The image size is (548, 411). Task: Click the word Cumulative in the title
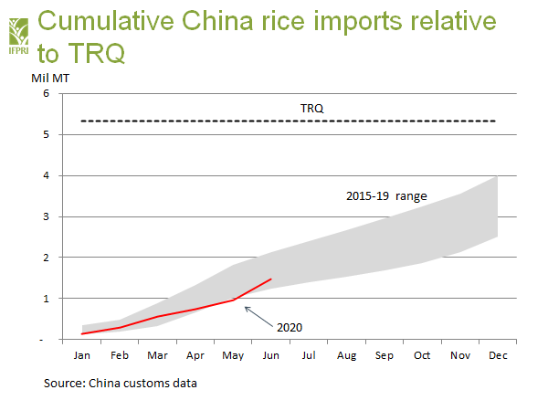(x=117, y=20)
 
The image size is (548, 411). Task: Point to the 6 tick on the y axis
(x=46, y=94)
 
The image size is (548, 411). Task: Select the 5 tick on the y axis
(x=46, y=135)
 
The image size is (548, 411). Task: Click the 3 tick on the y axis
(x=46, y=216)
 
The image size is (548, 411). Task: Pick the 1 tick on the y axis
(x=46, y=299)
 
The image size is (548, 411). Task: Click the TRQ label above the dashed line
(x=312, y=109)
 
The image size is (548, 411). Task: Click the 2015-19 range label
(x=387, y=195)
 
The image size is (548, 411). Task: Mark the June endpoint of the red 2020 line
(x=271, y=279)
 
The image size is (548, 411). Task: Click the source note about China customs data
(x=121, y=383)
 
